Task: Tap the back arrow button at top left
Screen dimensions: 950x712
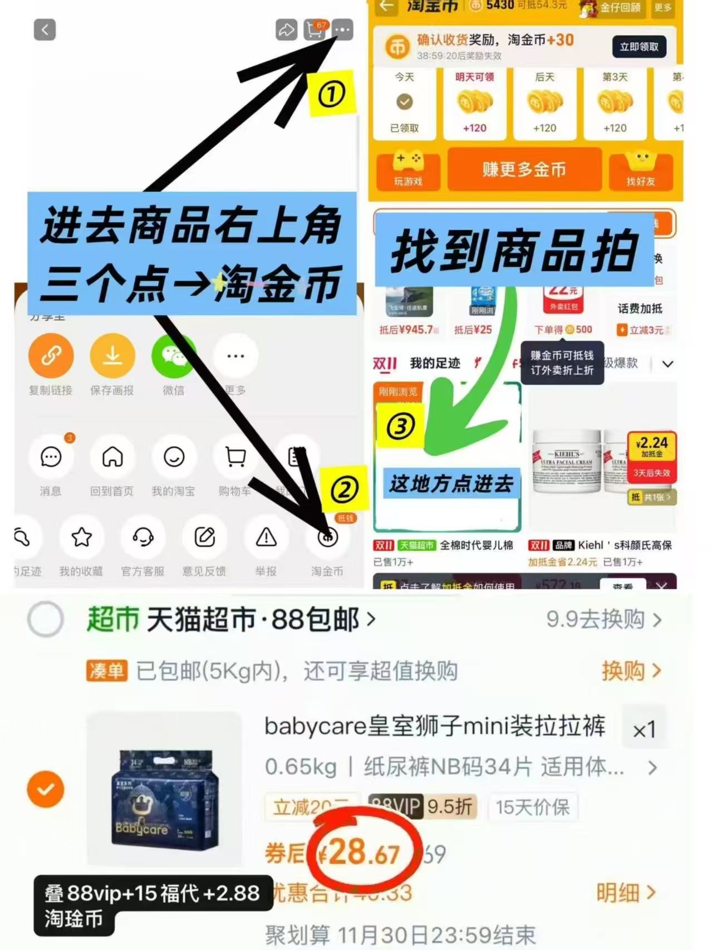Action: click(45, 30)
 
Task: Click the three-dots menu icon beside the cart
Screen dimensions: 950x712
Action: click(343, 30)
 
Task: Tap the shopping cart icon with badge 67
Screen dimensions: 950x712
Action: click(315, 30)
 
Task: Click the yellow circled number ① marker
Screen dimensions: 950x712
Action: click(332, 94)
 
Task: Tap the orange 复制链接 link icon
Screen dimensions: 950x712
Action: click(51, 355)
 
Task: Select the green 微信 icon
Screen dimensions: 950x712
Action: click(173, 355)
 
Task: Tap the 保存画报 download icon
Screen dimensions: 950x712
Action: click(112, 355)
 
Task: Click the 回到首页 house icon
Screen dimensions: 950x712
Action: click(112, 457)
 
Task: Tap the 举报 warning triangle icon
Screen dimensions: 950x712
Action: click(266, 537)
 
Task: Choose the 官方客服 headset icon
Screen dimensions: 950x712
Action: click(143, 537)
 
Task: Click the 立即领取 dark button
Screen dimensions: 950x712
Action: click(639, 47)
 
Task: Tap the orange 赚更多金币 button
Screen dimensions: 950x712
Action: click(524, 169)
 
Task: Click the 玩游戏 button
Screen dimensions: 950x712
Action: click(409, 169)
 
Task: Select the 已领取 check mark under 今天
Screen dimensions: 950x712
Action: click(405, 102)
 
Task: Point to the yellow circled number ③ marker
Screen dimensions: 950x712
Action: click(400, 427)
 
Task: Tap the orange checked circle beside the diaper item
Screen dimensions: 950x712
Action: click(46, 789)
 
